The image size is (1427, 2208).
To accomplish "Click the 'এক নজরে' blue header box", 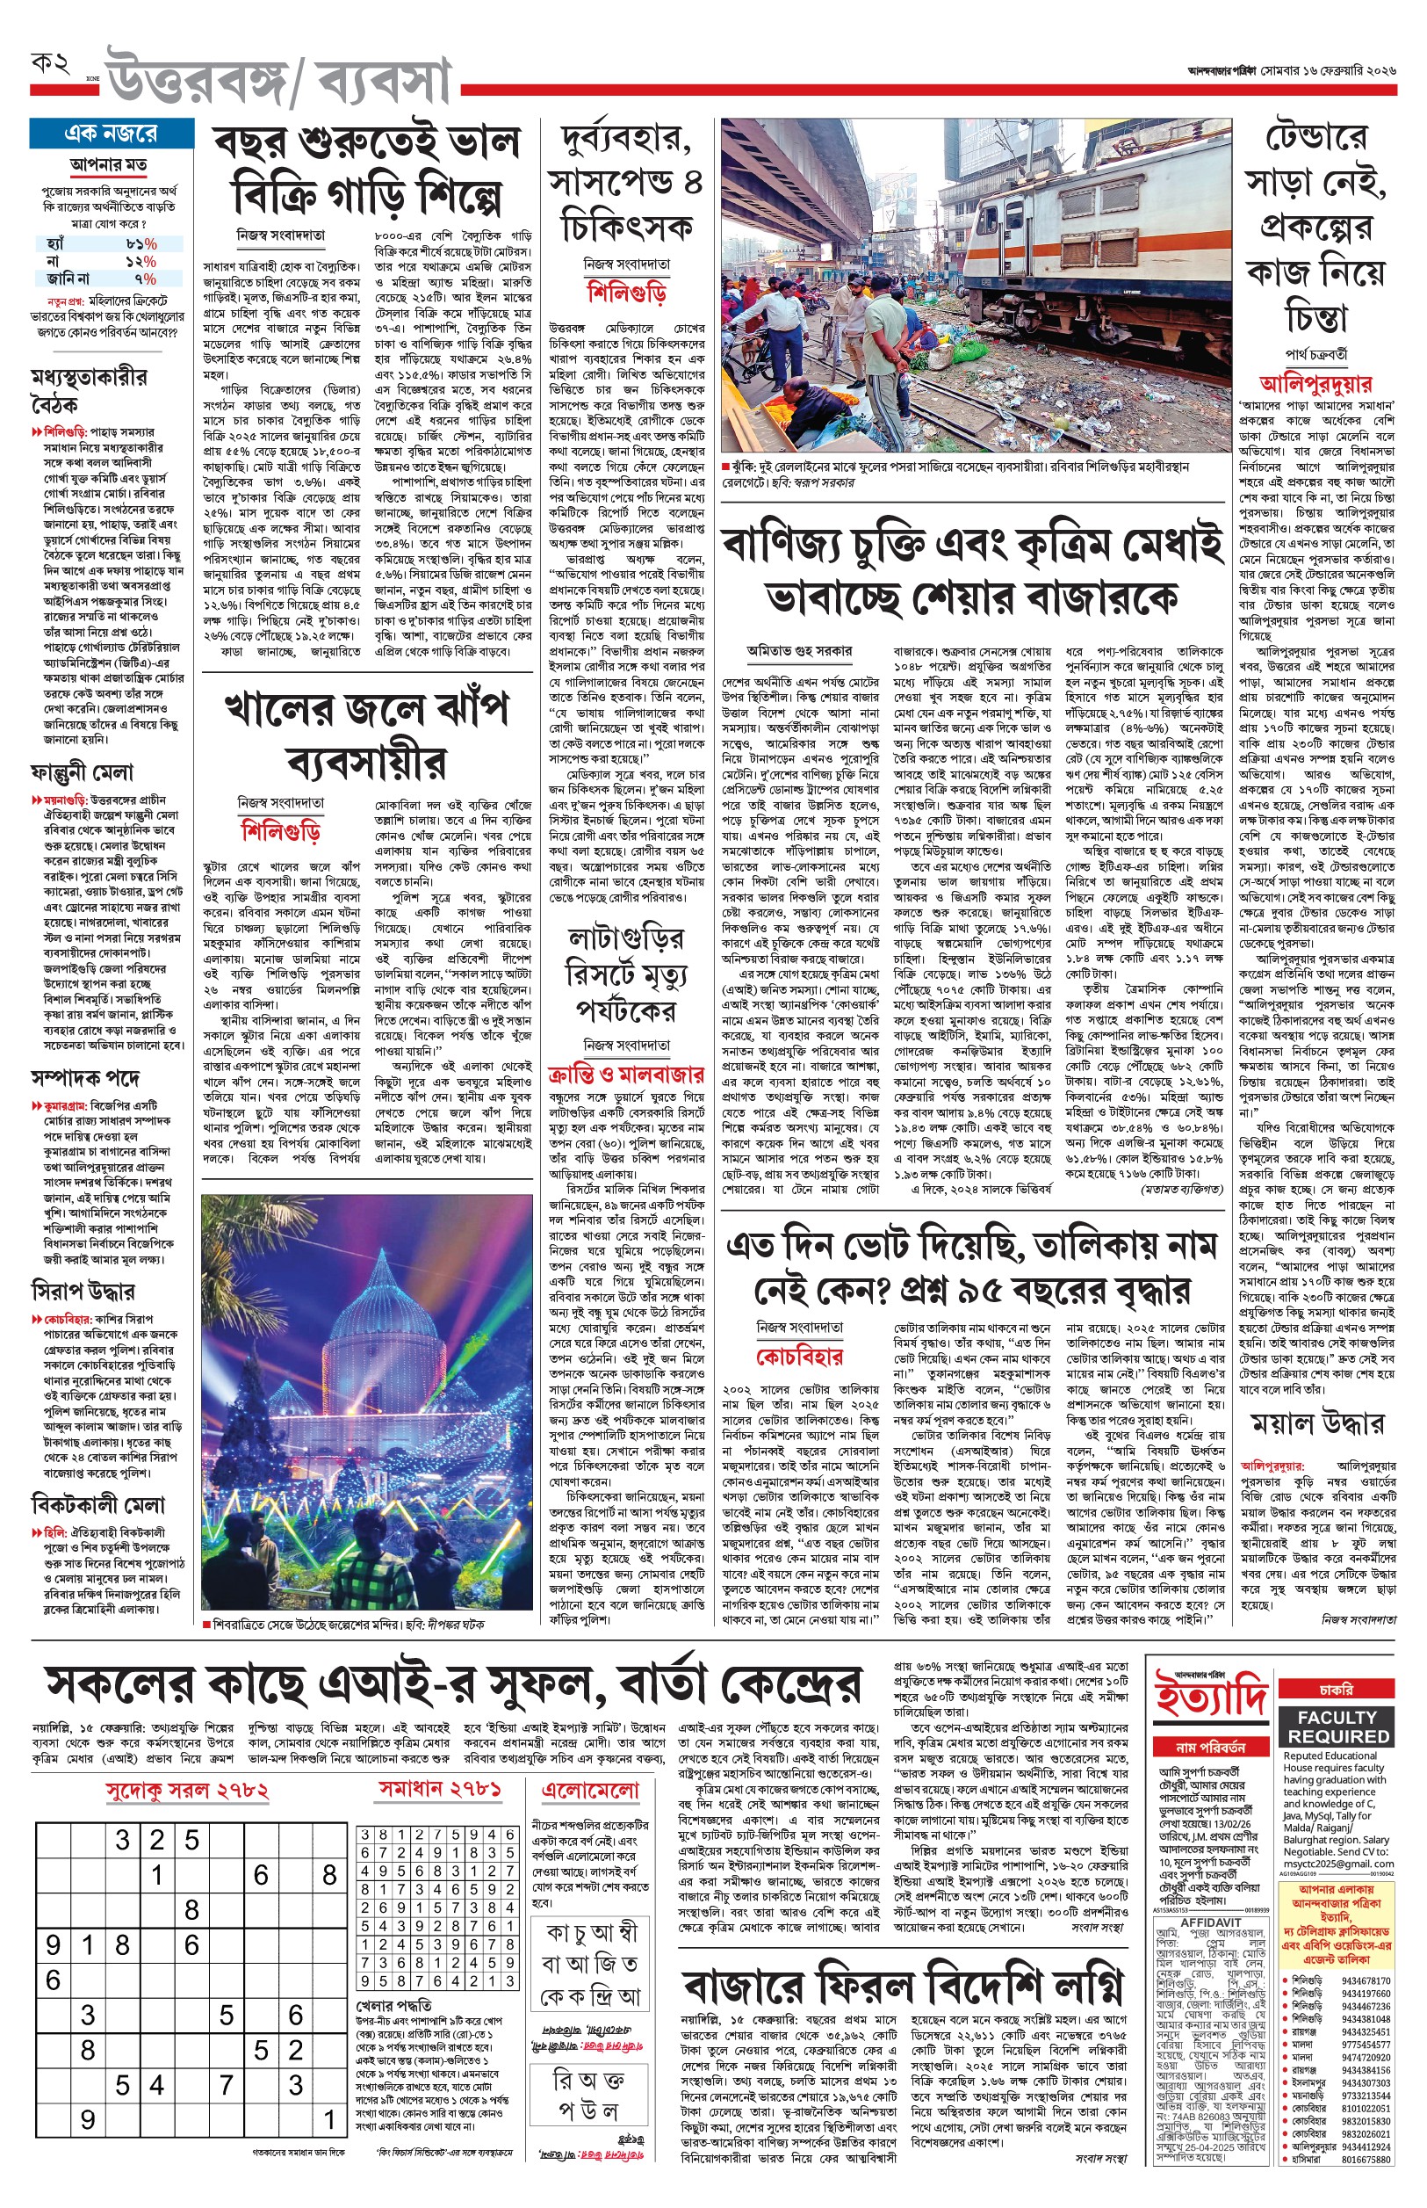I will tap(112, 134).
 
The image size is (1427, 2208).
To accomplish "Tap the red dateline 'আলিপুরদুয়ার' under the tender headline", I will tap(1315, 384).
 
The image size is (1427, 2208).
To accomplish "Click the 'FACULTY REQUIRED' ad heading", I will tap(1337, 1727).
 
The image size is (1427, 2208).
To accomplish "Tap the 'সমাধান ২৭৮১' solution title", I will tap(439, 1789).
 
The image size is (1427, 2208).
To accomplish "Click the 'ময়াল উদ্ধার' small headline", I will tap(1316, 1425).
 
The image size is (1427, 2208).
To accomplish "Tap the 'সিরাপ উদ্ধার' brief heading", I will tap(83, 1291).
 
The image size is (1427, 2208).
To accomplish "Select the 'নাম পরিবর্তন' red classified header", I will tap(1209, 1748).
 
